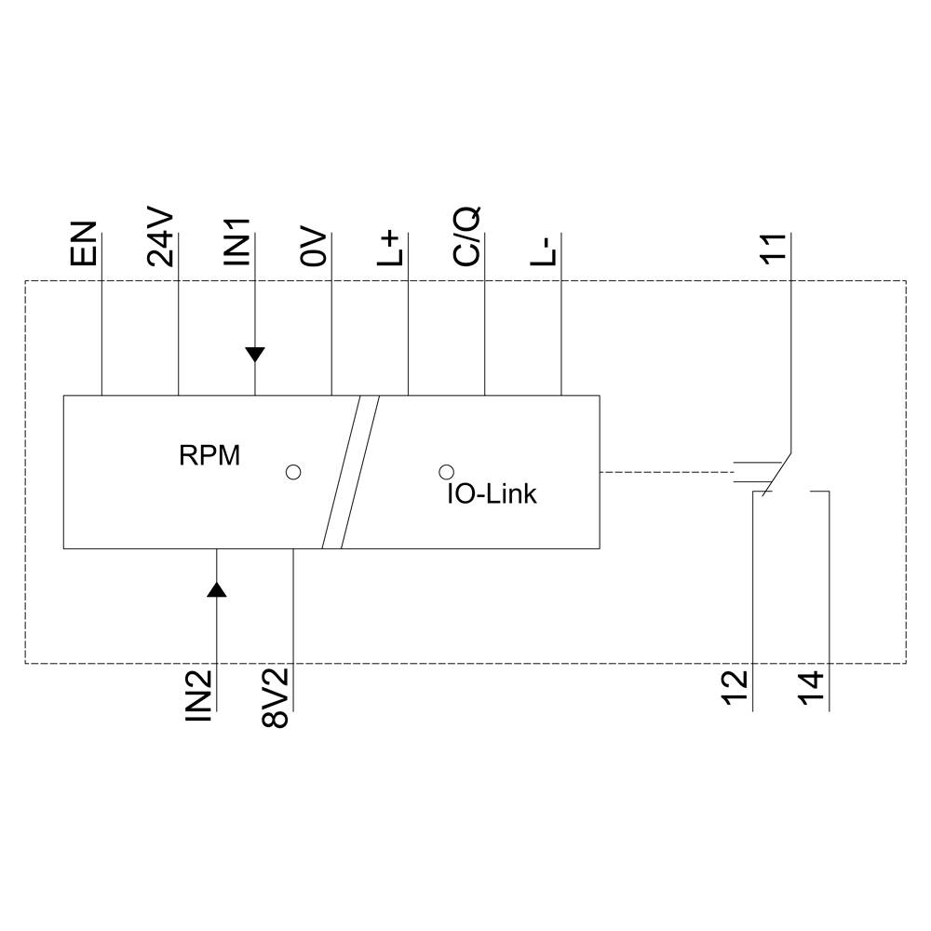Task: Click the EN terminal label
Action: tap(84, 244)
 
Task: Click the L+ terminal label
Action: tap(393, 249)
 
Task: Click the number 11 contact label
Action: tap(773, 250)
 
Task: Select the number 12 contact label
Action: tap(735, 690)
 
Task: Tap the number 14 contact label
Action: tap(812, 690)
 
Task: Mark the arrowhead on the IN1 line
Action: tap(255, 354)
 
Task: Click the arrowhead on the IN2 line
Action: tap(216, 588)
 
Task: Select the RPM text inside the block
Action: tap(209, 456)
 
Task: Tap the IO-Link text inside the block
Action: tap(492, 494)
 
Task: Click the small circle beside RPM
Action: tap(293, 472)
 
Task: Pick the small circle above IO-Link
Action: tap(446, 472)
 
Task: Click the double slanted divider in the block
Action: tap(350, 472)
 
